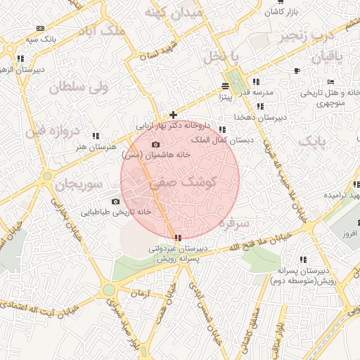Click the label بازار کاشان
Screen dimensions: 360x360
pyautogui.click(x=283, y=13)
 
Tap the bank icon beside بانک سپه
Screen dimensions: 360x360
pyautogui.click(x=39, y=28)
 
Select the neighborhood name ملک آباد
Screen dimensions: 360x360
pyautogui.click(x=105, y=32)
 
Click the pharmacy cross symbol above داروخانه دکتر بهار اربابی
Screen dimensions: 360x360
pyautogui.click(x=174, y=114)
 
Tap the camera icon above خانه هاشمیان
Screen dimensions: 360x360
pyautogui.click(x=155, y=144)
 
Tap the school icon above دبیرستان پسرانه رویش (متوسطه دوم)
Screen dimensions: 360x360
pyautogui.click(x=303, y=259)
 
